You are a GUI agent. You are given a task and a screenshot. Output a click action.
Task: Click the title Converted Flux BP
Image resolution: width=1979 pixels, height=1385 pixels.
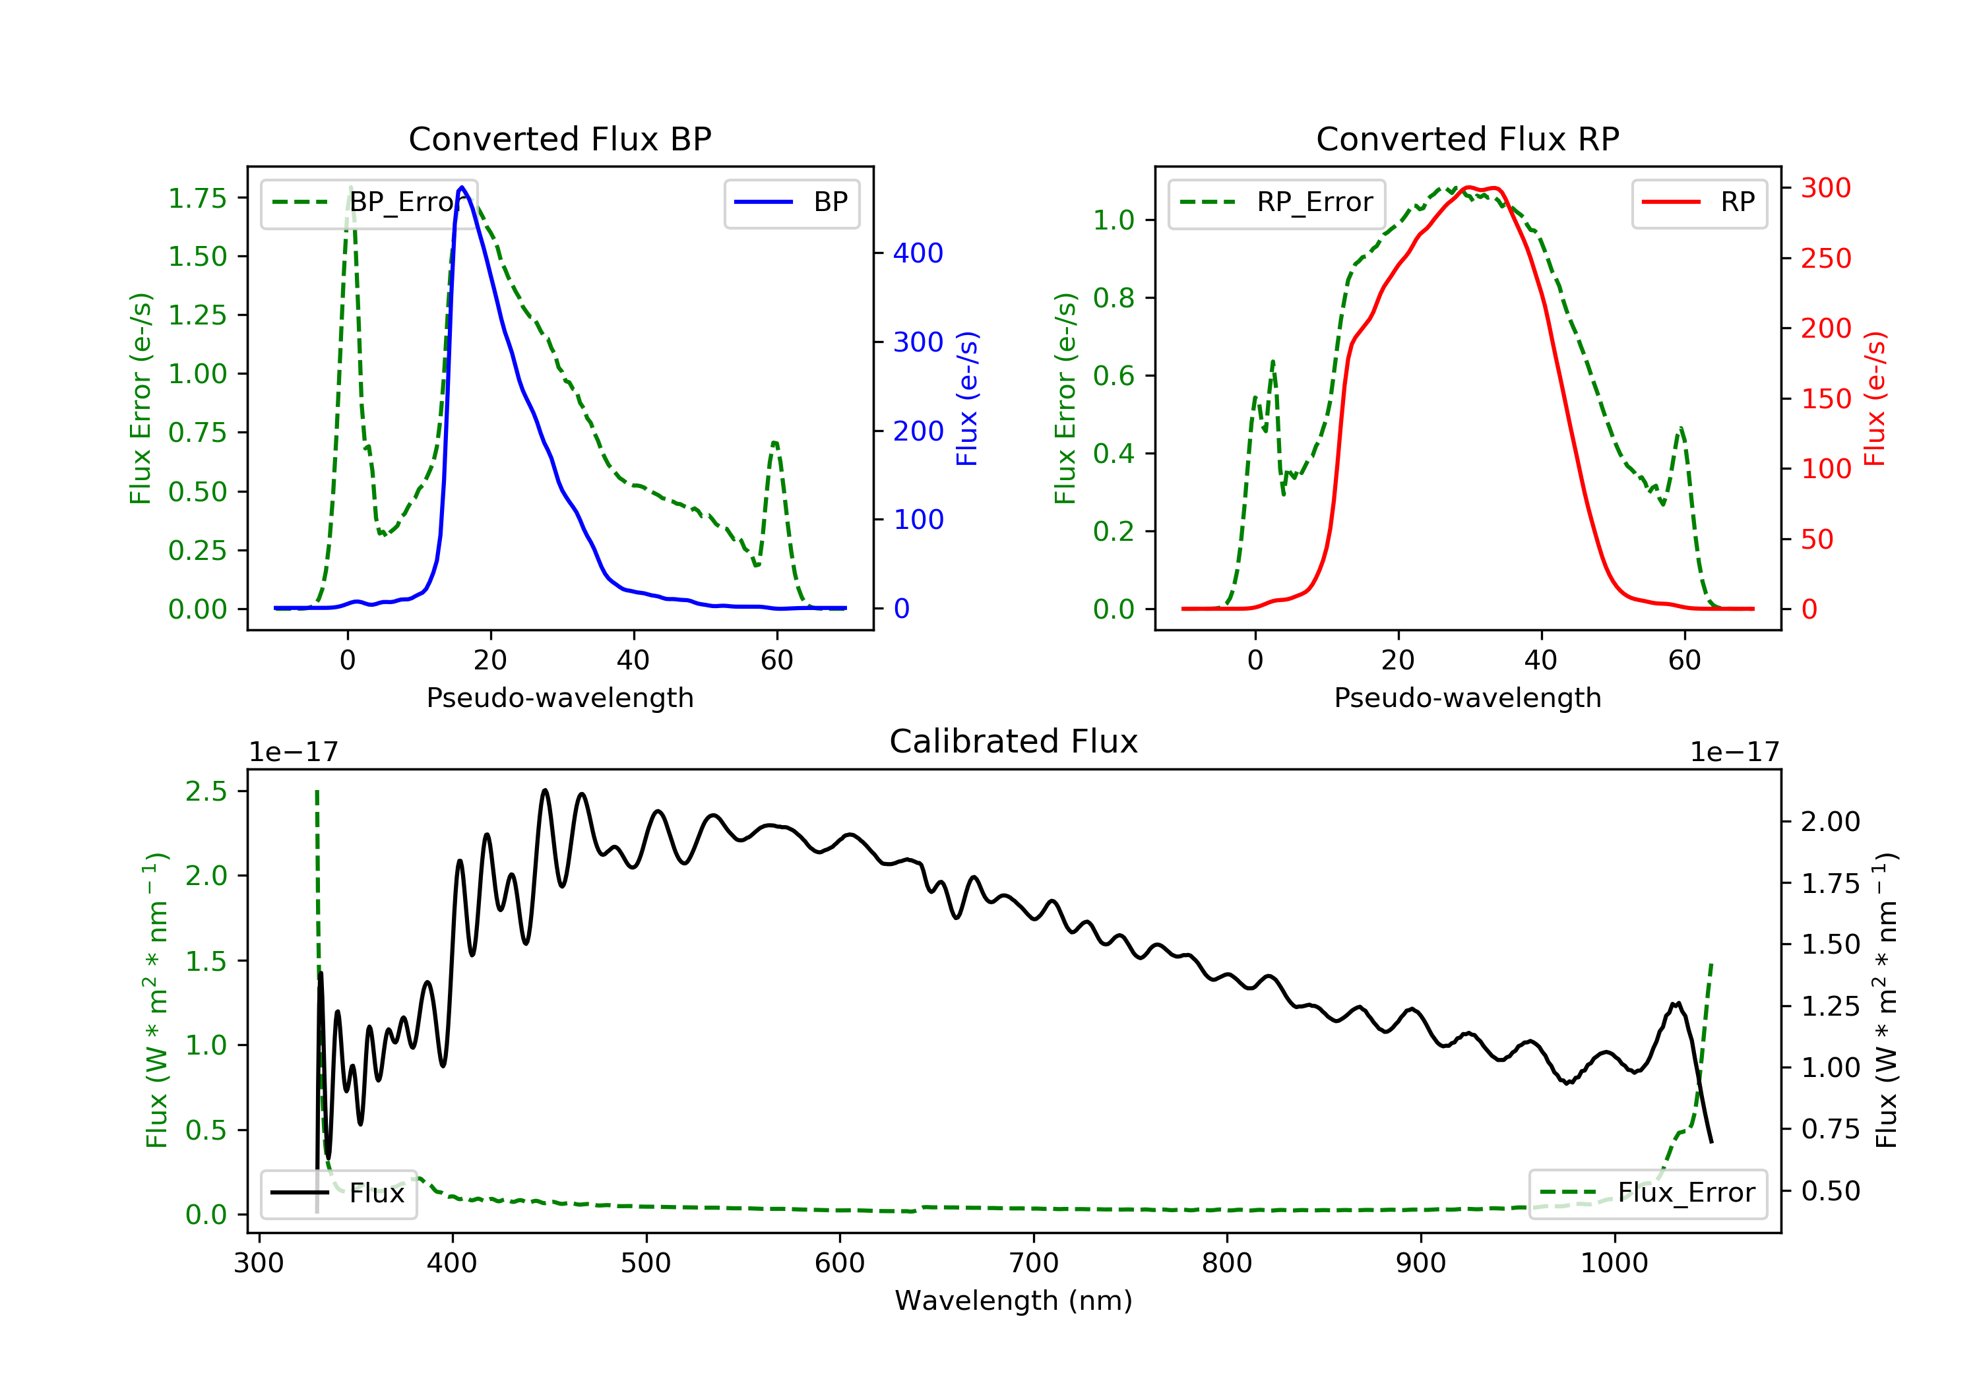coord(559,138)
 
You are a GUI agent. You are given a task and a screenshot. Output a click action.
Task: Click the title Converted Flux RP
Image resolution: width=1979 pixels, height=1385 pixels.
coord(1467,138)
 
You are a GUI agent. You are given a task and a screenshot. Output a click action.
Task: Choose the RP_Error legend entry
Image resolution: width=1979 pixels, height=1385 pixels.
coord(1276,202)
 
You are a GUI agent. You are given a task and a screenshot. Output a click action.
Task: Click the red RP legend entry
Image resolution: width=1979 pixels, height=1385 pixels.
coord(1699,202)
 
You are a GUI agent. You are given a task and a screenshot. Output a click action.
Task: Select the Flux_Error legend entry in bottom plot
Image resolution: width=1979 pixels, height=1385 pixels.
coord(1647,1193)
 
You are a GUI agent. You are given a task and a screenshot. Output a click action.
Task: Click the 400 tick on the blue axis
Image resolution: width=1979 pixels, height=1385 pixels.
coord(918,253)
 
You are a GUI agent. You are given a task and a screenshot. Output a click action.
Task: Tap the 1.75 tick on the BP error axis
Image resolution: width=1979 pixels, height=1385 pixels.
coord(197,199)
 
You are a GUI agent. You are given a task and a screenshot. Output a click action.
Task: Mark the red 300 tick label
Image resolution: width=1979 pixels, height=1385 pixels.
coord(1825,188)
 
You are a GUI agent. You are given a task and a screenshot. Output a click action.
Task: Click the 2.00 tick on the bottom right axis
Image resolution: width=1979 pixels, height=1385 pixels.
coord(1830,821)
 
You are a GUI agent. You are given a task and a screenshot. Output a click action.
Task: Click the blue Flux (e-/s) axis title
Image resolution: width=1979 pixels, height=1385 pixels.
coord(967,398)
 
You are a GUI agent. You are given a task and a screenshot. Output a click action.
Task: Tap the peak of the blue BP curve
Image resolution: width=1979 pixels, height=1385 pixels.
coord(462,187)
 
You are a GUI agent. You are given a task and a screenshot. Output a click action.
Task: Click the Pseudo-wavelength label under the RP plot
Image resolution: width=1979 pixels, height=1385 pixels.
coord(1467,697)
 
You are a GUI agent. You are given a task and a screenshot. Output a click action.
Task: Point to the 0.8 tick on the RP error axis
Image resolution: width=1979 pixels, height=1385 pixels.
coord(1113,298)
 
